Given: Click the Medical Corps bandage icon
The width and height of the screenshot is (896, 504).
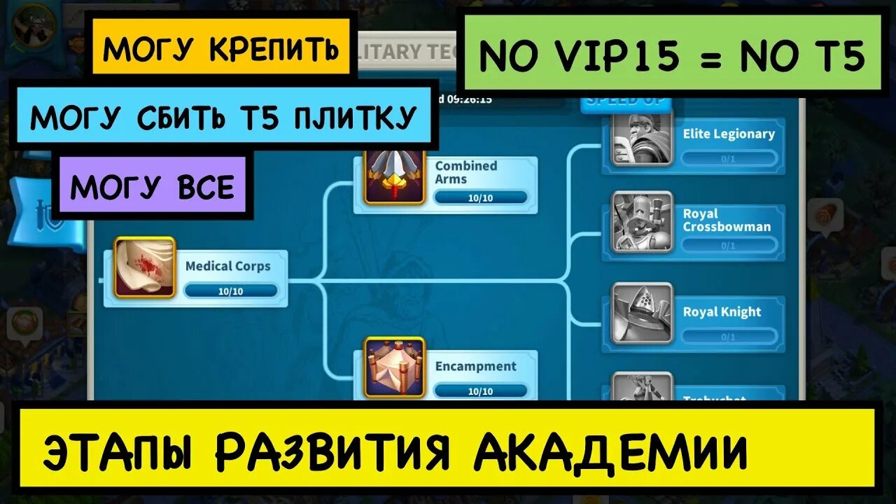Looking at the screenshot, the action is coord(145,267).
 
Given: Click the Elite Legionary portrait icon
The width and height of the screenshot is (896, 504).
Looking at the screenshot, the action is coord(643,138).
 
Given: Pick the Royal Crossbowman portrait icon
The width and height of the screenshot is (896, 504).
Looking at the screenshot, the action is coord(643,221).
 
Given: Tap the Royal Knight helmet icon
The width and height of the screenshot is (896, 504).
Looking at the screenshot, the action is coord(643,313).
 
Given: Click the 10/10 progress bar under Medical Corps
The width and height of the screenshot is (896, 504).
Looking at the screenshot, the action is coord(231,291).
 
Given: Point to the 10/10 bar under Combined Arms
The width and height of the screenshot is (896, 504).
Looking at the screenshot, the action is coord(480,198).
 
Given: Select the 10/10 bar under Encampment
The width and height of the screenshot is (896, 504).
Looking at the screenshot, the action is coord(480,391).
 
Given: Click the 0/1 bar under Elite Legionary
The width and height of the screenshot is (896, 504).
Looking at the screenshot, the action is coord(729,159).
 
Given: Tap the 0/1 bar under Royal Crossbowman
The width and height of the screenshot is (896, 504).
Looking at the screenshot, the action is coord(729,246).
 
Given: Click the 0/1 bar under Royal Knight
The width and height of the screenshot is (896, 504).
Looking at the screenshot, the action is coord(729,337).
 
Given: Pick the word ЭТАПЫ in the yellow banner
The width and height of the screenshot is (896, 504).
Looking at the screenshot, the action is coord(119,452).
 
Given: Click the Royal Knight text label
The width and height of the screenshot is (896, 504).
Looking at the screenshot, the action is coord(722,312).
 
